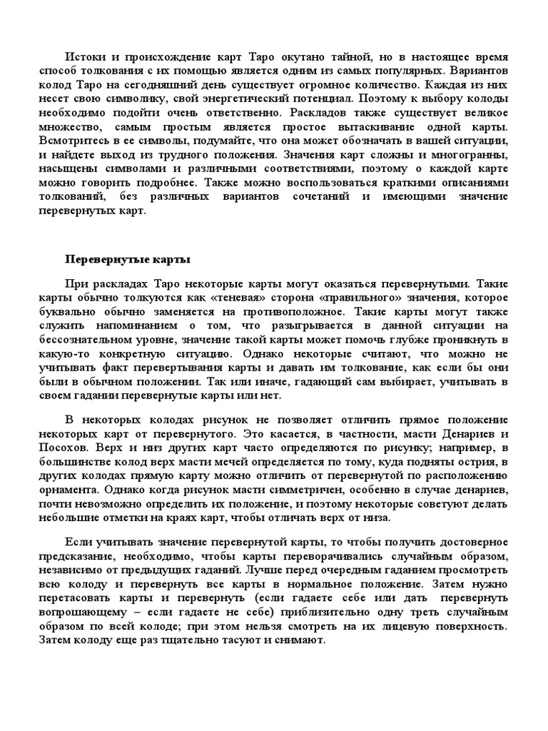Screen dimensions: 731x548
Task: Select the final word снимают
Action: (x=303, y=640)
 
